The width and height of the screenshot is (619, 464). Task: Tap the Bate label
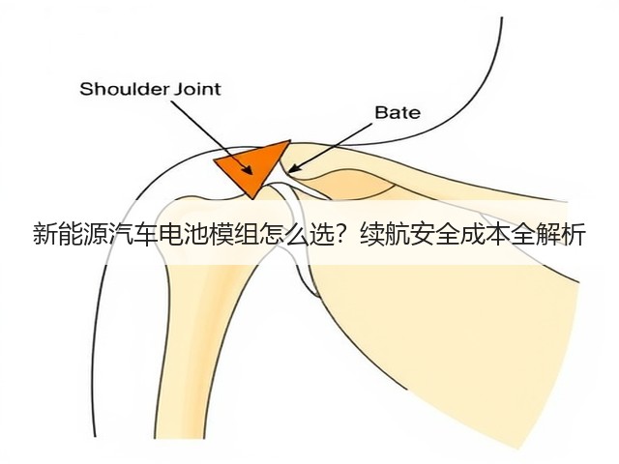tap(398, 112)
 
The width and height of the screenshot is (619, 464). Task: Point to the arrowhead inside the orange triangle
tap(248, 169)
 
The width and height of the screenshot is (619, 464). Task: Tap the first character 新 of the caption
tap(45, 235)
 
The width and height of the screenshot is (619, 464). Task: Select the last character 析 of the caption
tap(573, 235)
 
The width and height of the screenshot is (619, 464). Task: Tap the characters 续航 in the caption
tap(385, 235)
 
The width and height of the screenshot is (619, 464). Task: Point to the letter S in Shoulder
tap(85, 89)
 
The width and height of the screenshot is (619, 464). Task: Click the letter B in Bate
tap(380, 112)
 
